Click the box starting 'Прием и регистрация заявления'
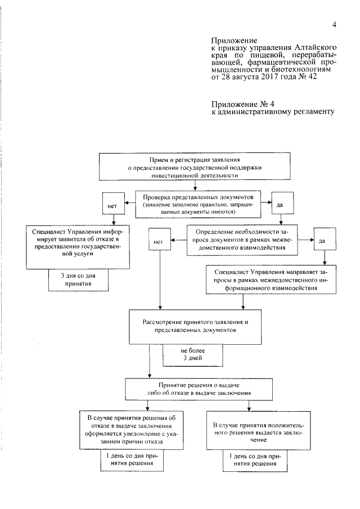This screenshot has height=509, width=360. [x=195, y=167]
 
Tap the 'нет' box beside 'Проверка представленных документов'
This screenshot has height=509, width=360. [x=111, y=206]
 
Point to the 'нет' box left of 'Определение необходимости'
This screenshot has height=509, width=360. [x=158, y=242]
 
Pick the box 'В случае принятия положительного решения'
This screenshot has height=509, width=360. [x=248, y=431]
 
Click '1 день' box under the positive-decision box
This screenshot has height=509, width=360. [x=247, y=460]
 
